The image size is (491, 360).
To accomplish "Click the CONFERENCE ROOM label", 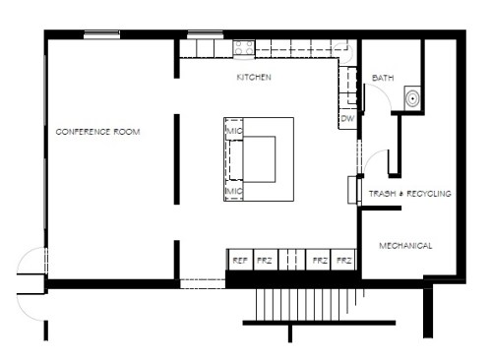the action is click(x=97, y=132).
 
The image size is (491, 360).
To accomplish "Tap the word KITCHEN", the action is click(x=254, y=78).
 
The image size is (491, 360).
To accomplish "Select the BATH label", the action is click(x=383, y=78).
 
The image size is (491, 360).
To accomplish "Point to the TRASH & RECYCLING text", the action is click(x=410, y=194).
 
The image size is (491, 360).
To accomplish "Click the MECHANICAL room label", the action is click(x=405, y=246).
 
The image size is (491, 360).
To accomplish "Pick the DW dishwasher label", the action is click(x=347, y=118).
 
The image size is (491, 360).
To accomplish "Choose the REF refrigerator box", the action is click(x=240, y=260).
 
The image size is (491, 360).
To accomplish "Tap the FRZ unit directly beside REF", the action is click(x=266, y=260).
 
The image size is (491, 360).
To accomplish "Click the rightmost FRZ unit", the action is click(x=343, y=260).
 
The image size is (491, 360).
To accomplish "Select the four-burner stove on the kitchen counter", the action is click(x=244, y=48).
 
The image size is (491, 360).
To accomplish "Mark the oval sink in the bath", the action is click(x=411, y=98).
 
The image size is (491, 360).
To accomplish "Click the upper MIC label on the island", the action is click(x=234, y=131).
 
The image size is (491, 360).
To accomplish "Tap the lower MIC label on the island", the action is click(x=234, y=191).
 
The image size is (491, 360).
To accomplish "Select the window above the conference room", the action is click(x=101, y=34).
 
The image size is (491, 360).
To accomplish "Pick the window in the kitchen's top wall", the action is click(x=206, y=34).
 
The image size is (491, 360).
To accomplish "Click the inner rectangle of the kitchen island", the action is click(x=259, y=159).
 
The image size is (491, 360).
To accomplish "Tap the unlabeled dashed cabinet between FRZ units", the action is click(x=292, y=260).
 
